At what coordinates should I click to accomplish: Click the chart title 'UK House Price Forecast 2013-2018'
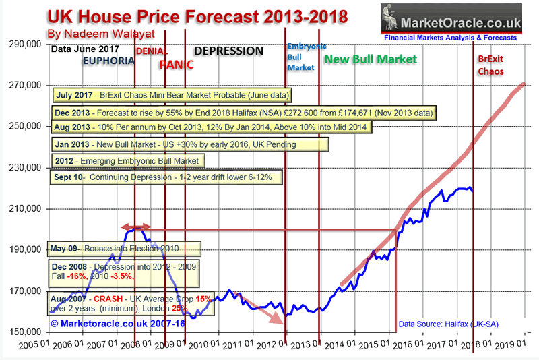[x=198, y=16]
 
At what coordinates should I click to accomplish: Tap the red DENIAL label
[x=152, y=51]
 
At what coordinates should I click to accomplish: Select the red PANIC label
[x=177, y=65]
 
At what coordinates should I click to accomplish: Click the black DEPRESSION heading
[x=228, y=51]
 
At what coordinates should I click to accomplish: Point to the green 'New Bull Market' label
[x=369, y=60]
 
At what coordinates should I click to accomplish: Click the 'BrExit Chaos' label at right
[x=490, y=65]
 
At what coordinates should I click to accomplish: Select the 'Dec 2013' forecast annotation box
[x=243, y=112]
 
